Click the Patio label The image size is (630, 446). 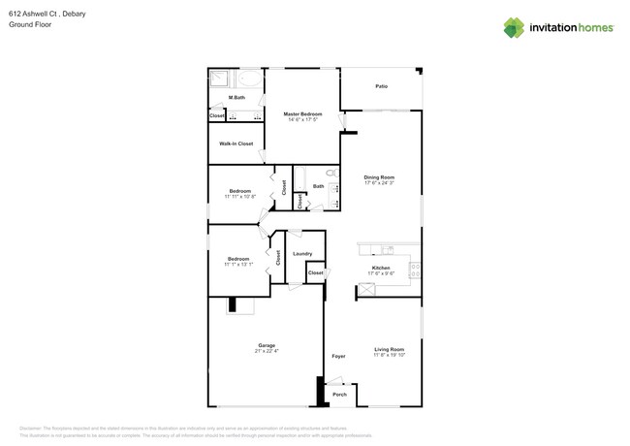click(382, 87)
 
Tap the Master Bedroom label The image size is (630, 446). click(302, 114)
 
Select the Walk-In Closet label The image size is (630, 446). click(236, 143)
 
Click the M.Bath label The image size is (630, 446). click(236, 98)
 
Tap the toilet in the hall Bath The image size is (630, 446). click(331, 174)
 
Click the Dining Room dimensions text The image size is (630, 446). click(379, 183)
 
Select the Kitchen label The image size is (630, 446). click(381, 268)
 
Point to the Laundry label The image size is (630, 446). click(301, 254)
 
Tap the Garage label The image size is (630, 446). click(267, 345)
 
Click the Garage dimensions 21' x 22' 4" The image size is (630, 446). click(267, 351)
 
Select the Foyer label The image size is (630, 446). click(338, 356)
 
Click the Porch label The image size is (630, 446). click(339, 395)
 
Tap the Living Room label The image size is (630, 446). click(390, 349)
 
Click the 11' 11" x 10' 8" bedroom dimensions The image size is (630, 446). click(239, 196)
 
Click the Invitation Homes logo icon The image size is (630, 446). click(513, 28)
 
